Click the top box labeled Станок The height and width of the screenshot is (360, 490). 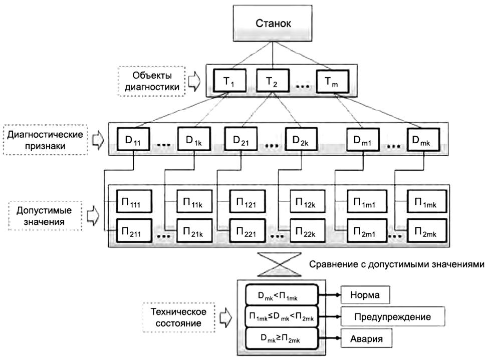(272, 25)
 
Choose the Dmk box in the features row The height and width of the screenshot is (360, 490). (424, 140)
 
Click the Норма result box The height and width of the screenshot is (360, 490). (365, 295)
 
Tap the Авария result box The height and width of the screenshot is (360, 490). (365, 339)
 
